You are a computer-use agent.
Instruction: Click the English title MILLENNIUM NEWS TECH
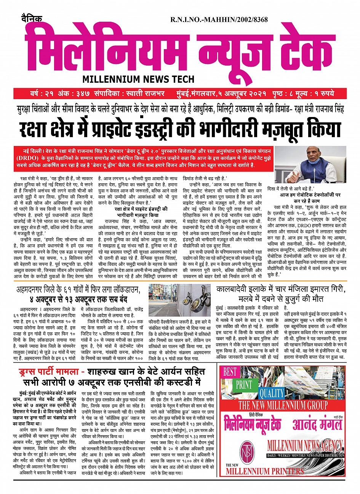tap(138, 80)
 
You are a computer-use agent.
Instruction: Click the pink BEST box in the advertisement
tap(230, 372)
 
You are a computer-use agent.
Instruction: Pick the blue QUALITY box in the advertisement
tap(271, 393)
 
